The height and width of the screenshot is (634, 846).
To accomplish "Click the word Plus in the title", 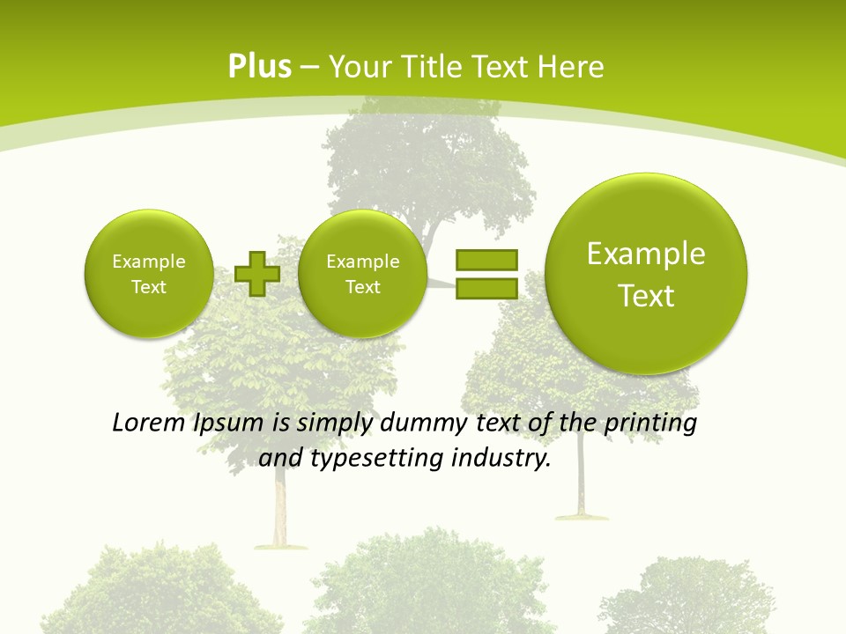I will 259,67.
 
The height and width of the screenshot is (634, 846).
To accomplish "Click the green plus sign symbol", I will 257,273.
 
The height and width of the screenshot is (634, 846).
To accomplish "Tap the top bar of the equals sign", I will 486,261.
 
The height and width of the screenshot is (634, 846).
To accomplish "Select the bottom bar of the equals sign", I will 486,288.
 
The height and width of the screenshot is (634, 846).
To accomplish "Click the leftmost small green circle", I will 149,274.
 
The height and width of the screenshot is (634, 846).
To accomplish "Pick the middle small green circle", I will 362,274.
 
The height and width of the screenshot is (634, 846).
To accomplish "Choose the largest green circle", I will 646,274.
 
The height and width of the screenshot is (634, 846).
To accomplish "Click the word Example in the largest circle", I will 646,254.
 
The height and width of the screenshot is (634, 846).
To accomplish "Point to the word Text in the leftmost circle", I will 149,287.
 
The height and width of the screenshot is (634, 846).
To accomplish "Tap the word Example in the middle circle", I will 362,262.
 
